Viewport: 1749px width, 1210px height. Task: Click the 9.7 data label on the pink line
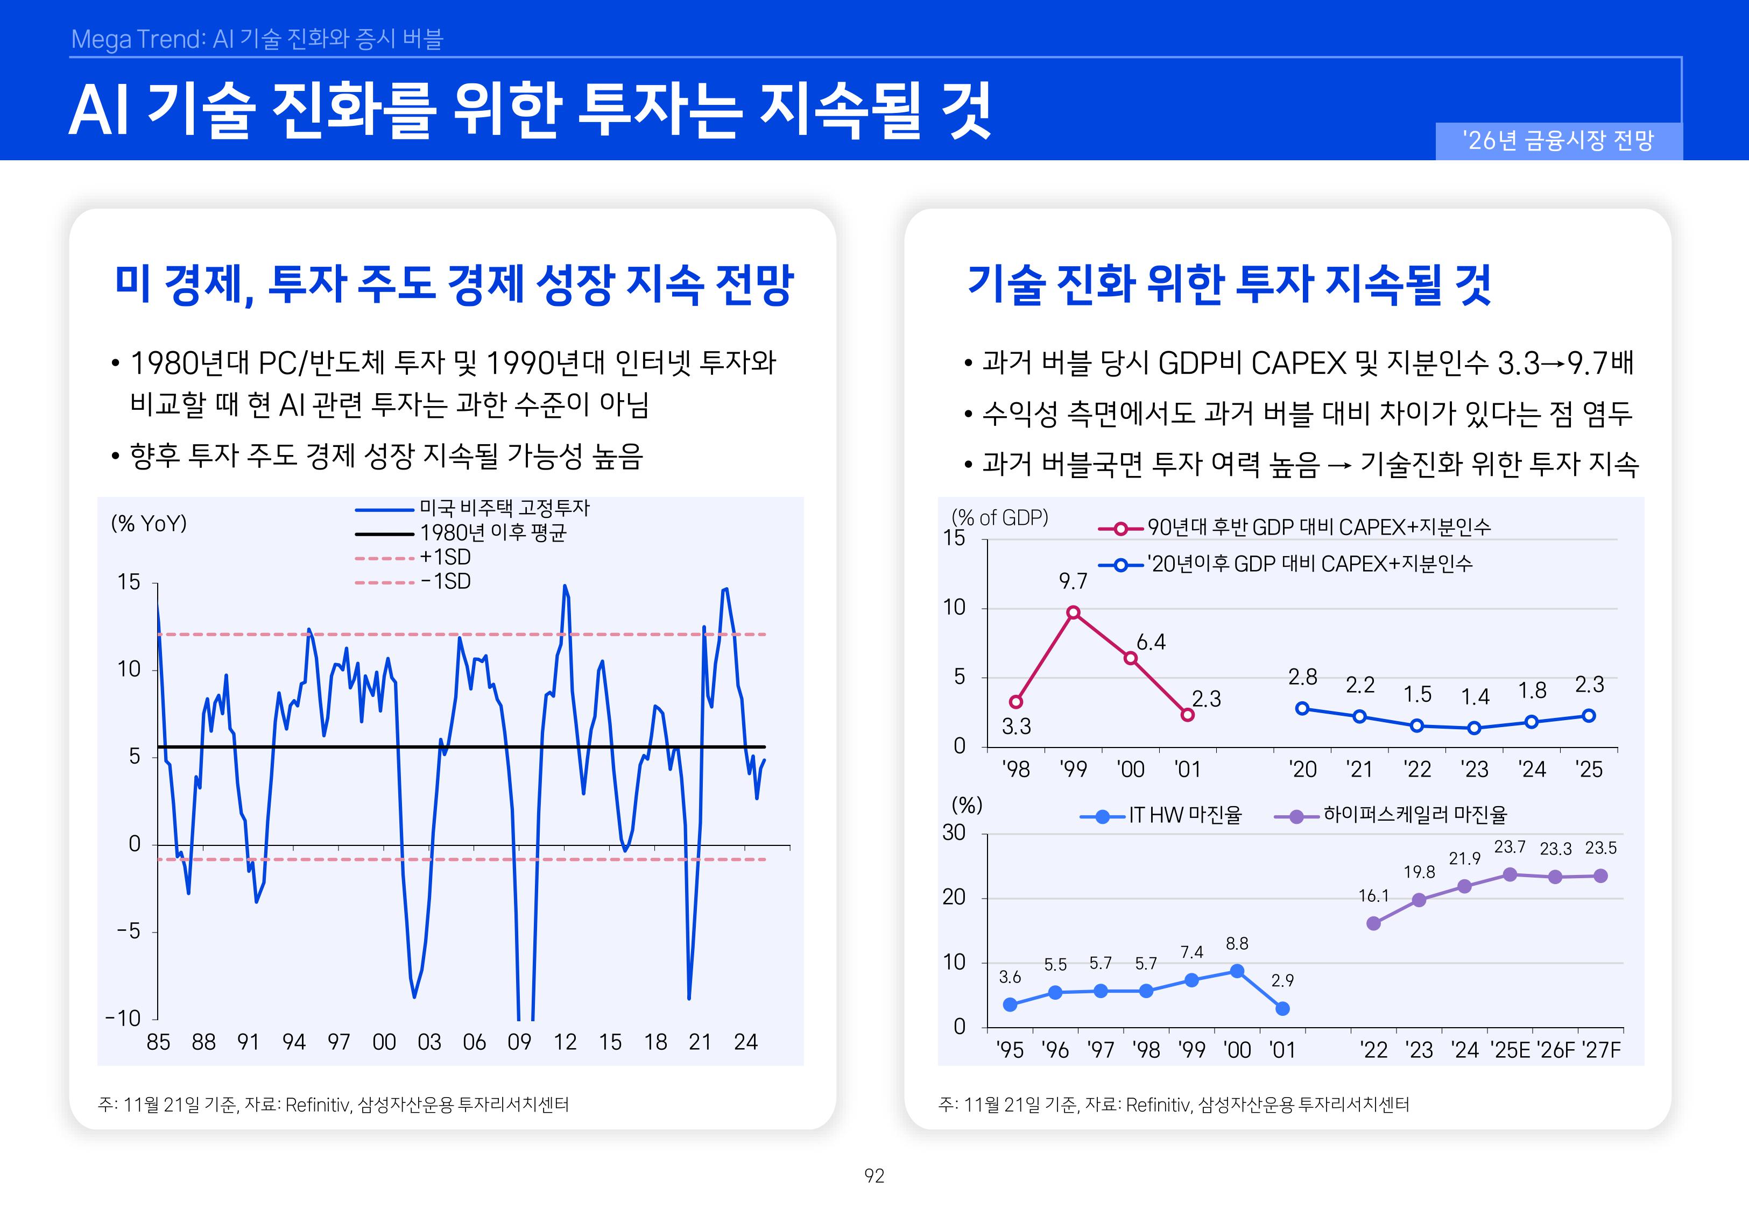tap(1073, 581)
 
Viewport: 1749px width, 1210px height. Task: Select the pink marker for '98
tap(1015, 702)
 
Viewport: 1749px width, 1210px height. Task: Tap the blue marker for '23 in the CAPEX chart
tap(1473, 728)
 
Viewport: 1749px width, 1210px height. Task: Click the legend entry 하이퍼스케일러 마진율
tap(1414, 815)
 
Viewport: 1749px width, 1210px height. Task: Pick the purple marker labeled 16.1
tap(1373, 923)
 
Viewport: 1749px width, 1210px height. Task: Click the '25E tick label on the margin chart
tap(1510, 1050)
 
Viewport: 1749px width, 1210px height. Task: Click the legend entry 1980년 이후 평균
tap(492, 532)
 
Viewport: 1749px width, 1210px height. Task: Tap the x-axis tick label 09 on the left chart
tap(519, 1042)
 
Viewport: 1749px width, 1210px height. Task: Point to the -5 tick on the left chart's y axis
tap(129, 931)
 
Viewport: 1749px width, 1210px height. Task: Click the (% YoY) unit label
tap(149, 523)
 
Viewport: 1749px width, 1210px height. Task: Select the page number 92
tap(874, 1176)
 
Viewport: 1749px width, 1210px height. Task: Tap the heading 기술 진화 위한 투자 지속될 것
tap(1229, 284)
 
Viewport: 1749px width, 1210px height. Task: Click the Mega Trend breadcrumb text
tap(256, 39)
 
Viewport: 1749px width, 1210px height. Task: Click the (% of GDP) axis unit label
tap(1000, 518)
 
